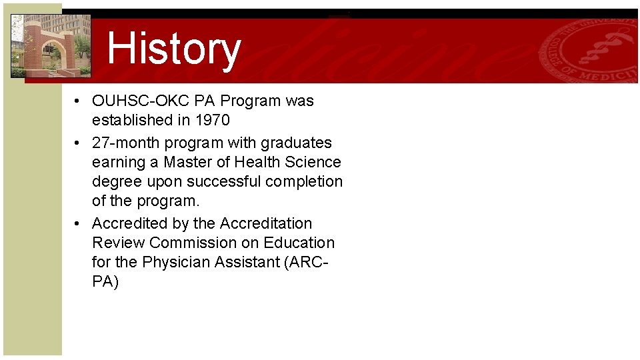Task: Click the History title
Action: click(173, 49)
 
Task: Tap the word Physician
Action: click(178, 263)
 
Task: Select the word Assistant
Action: click(247, 263)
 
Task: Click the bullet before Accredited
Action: click(79, 224)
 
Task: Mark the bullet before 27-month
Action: click(79, 143)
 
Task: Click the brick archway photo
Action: click(51, 45)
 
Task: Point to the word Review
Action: click(118, 243)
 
